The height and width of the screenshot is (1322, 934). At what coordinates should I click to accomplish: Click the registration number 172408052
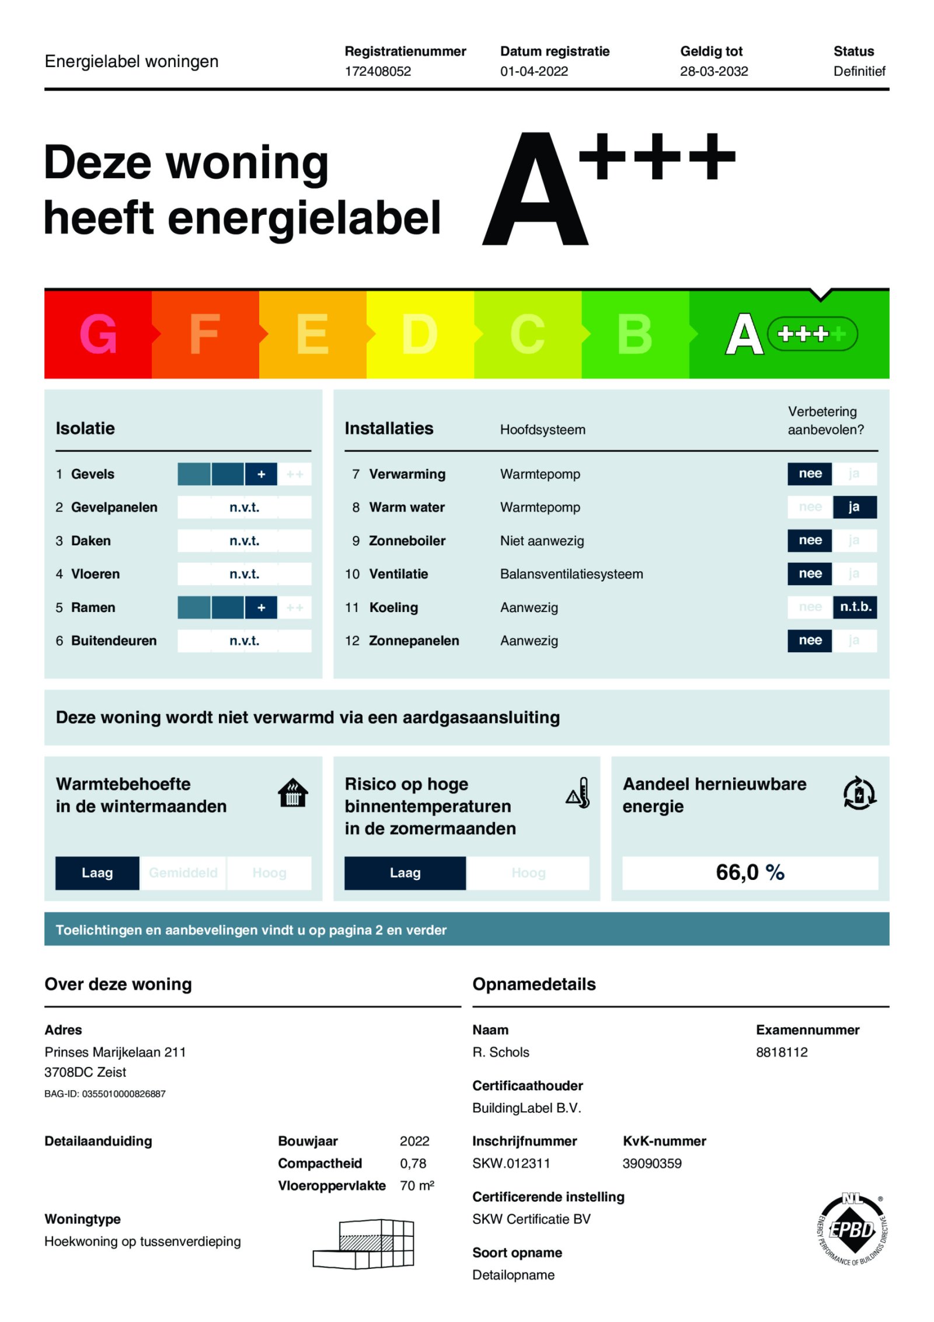click(x=378, y=71)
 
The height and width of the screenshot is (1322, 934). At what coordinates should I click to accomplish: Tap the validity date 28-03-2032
click(x=713, y=71)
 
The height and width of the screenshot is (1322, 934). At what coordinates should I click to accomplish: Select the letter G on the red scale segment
click(x=98, y=334)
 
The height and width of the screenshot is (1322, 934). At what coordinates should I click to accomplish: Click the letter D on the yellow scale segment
click(x=419, y=334)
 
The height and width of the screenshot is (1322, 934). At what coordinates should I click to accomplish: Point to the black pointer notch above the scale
click(x=820, y=294)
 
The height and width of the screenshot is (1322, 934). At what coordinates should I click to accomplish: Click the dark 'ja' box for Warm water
click(x=854, y=507)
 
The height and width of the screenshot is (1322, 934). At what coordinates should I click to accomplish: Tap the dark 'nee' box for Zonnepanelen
click(x=810, y=641)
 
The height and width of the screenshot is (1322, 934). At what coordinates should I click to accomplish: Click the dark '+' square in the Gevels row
click(x=261, y=474)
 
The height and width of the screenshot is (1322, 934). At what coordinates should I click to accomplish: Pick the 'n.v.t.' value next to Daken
click(x=244, y=541)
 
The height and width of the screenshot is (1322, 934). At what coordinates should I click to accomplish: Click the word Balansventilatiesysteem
click(x=571, y=574)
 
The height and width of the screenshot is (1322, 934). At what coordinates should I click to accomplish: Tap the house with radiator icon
click(x=292, y=793)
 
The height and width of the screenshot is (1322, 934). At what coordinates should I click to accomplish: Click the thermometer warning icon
click(x=578, y=793)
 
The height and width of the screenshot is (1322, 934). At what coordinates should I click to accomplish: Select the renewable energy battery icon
click(x=859, y=793)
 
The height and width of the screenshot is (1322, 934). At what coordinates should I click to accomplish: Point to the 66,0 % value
click(x=750, y=872)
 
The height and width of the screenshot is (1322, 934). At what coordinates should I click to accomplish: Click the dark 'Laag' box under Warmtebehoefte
click(x=97, y=873)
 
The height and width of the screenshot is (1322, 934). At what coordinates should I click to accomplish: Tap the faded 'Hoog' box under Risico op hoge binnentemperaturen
click(x=528, y=873)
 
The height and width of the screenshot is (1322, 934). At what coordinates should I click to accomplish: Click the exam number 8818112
click(x=781, y=1052)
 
